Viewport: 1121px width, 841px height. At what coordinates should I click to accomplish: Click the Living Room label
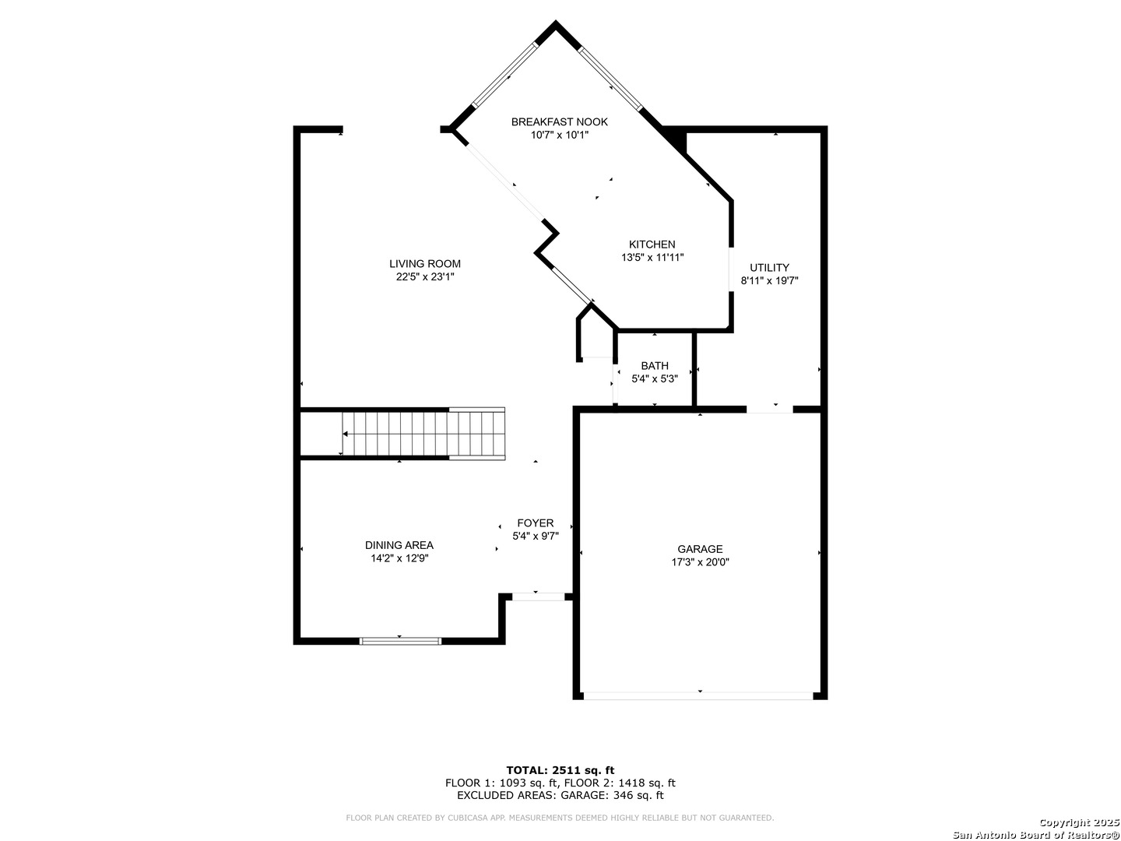(424, 263)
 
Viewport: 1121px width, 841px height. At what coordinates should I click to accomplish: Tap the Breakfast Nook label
(559, 121)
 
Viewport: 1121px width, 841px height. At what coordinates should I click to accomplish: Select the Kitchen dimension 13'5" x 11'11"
(652, 257)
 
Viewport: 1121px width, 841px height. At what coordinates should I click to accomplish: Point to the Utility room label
(768, 267)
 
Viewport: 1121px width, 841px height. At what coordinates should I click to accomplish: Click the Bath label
(654, 366)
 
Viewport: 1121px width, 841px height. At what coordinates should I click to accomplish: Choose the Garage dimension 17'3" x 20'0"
(700, 562)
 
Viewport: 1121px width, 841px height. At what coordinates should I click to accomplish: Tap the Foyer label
(535, 523)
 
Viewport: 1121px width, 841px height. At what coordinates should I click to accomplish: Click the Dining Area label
(399, 545)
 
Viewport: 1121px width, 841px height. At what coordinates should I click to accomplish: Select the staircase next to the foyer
(423, 434)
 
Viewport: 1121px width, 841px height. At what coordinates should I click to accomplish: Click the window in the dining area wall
(400, 641)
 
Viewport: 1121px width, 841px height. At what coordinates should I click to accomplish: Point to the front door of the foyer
(538, 596)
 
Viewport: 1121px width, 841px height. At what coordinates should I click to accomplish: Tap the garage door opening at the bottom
(698, 695)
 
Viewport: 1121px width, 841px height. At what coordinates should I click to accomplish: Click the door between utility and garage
(769, 409)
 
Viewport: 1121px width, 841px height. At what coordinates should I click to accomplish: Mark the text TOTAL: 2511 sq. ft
(560, 770)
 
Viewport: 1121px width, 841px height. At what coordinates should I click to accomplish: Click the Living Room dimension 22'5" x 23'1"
(424, 276)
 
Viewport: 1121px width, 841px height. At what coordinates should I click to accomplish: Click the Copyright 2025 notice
(1077, 822)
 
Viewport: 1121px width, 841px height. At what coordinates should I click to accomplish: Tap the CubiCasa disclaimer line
(560, 818)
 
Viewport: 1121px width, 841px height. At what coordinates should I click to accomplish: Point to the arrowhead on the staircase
(345, 434)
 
